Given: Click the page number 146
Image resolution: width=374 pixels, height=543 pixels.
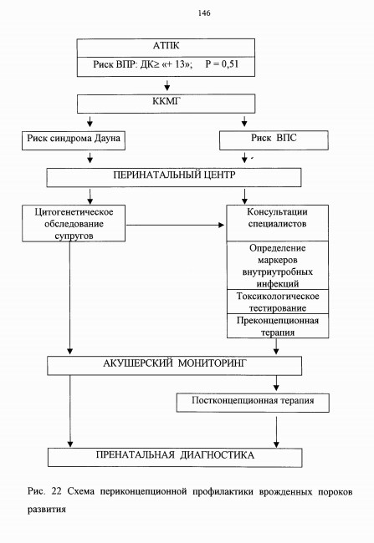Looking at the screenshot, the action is point(204,13).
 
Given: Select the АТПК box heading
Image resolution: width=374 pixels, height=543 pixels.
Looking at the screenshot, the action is point(167,46).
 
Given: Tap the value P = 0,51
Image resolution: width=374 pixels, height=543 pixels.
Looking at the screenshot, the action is point(222,64).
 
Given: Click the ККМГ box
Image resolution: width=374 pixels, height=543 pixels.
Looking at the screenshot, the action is point(167,104).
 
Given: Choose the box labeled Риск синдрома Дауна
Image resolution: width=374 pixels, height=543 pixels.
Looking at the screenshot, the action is point(74,140).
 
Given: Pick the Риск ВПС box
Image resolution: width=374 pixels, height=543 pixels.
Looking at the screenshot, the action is point(274,140).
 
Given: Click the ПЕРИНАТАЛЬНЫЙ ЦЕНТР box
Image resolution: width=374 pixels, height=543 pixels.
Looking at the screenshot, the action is point(174,178).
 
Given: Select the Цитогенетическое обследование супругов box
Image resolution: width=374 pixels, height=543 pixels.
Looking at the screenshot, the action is point(74,223).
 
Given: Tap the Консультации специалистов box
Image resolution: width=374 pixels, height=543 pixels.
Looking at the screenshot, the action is point(278,223).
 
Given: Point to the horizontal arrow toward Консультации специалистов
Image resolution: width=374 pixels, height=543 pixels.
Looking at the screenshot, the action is point(175,225).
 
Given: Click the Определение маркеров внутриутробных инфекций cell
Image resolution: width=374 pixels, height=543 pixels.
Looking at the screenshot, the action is point(278,266).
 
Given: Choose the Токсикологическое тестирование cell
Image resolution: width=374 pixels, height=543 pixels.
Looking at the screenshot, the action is point(278,302).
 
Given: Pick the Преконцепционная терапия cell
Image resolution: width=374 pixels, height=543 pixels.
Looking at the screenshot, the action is point(278,326).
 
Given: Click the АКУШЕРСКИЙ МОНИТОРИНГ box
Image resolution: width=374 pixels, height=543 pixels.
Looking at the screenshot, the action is point(175,366).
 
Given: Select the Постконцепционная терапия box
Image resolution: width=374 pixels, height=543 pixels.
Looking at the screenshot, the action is point(253,403).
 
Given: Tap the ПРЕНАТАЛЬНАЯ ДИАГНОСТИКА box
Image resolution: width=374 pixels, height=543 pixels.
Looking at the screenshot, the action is point(175,458).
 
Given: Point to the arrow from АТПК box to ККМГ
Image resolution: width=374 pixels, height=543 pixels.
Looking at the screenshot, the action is point(167,85).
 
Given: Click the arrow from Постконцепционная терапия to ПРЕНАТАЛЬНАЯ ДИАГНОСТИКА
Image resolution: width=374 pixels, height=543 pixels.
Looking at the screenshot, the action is point(276,432).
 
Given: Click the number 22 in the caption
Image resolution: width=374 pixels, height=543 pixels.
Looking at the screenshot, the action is point(56,491).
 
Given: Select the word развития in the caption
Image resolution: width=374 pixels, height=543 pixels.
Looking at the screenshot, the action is point(47,510).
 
